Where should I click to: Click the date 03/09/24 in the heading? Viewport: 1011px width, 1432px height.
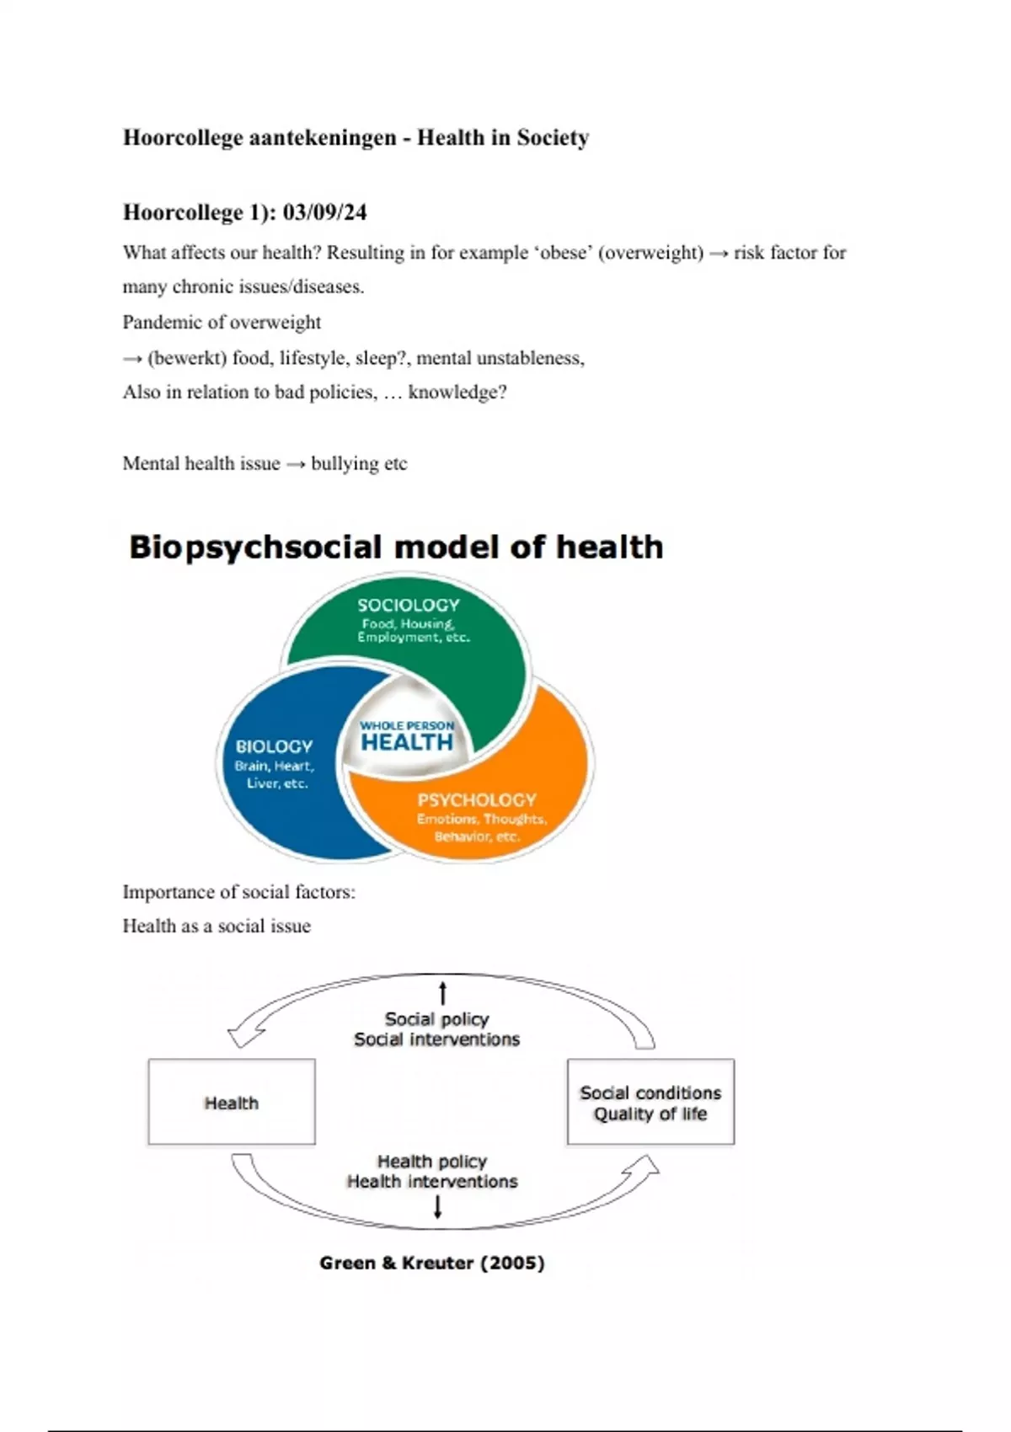[x=324, y=212]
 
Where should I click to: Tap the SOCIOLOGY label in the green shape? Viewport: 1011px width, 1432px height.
[x=409, y=605]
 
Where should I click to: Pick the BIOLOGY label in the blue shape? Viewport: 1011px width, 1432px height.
[x=274, y=746]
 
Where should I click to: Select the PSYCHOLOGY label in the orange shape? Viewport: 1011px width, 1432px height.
[x=477, y=800]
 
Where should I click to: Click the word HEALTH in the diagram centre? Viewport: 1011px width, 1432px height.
[x=407, y=742]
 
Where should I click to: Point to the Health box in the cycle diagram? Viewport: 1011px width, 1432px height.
[x=232, y=1102]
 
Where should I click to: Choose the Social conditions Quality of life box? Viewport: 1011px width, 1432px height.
[x=650, y=1102]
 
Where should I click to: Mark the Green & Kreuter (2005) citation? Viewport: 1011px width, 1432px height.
[x=432, y=1263]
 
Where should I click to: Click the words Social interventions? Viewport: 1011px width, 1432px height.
[x=436, y=1039]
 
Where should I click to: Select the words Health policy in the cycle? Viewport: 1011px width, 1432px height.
[x=432, y=1162]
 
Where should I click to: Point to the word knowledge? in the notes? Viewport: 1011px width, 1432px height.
[x=457, y=393]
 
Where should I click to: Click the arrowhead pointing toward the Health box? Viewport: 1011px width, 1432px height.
[x=244, y=1034]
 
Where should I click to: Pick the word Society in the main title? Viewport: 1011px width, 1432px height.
[x=553, y=137]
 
